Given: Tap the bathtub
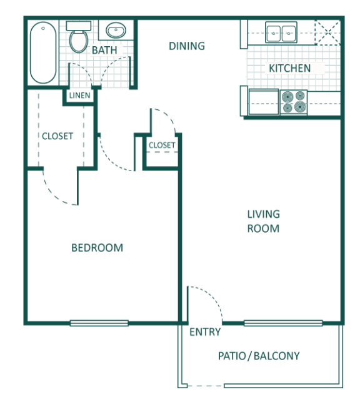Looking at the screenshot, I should pyautogui.click(x=42, y=53).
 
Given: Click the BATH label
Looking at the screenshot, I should pyautogui.click(x=103, y=50).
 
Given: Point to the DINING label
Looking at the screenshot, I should pyautogui.click(x=187, y=46).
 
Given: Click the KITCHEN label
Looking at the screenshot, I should pyautogui.click(x=289, y=67).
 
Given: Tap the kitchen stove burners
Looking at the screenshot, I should pyautogui.click(x=293, y=102).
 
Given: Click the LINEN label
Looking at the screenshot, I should pyautogui.click(x=80, y=96).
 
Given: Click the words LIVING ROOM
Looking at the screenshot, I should pyautogui.click(x=262, y=221).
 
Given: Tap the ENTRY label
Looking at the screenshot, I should pyautogui.click(x=204, y=332).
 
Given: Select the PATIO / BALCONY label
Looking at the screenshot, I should pyautogui.click(x=259, y=356).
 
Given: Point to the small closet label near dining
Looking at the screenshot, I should pyautogui.click(x=161, y=145).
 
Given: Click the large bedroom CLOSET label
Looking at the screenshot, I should pyautogui.click(x=57, y=136).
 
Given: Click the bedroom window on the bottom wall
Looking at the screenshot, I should pyautogui.click(x=98, y=323).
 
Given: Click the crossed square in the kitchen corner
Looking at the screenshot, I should pyautogui.click(x=327, y=31).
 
